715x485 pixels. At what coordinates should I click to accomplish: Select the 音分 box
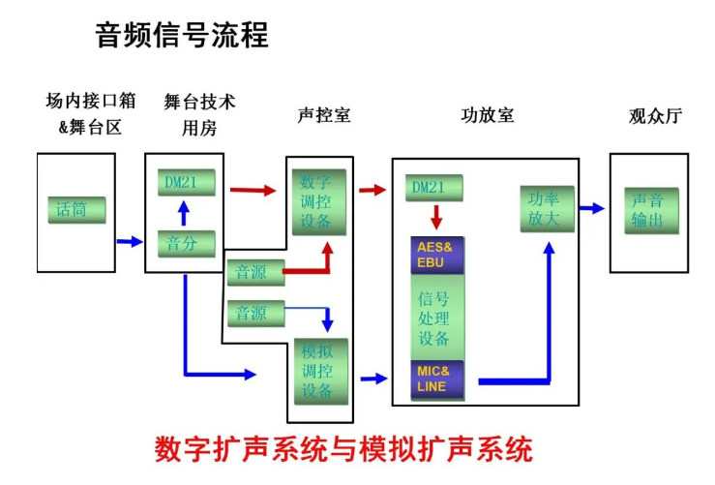186,243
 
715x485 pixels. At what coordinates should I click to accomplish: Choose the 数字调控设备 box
317,202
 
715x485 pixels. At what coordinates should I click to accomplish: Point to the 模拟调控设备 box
317,371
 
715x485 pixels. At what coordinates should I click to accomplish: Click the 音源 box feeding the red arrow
254,272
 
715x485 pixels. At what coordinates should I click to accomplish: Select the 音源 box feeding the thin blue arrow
254,313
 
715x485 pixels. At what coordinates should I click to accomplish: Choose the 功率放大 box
547,209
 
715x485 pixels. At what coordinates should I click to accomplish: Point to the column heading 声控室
324,115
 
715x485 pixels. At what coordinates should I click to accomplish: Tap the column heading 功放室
487,115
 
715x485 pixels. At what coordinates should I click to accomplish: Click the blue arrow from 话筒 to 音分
129,242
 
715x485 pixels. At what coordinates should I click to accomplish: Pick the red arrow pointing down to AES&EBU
436,216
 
